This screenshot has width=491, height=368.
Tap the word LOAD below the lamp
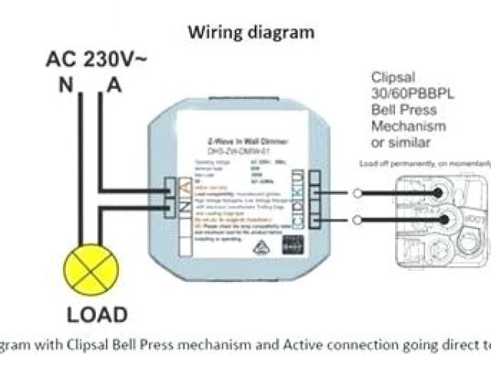click(x=97, y=315)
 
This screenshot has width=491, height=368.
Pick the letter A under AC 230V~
click(x=114, y=85)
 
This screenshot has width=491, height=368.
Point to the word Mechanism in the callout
click(x=410, y=127)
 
